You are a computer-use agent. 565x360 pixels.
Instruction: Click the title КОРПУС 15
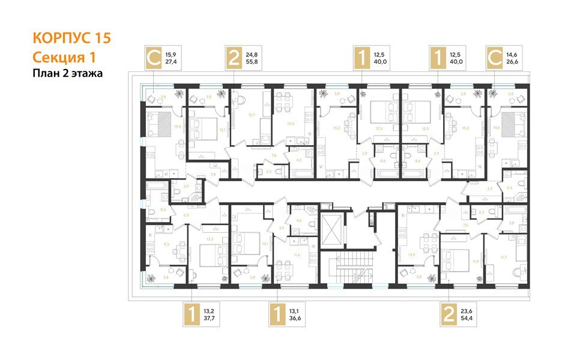(71, 38)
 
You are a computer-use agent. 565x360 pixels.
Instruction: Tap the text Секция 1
(63, 57)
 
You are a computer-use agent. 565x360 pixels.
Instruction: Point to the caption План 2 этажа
(68, 74)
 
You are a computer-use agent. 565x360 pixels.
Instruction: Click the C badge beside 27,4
(154, 58)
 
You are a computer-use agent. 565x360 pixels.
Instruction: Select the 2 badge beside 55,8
(234, 58)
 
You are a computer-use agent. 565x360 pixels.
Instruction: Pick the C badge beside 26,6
(495, 58)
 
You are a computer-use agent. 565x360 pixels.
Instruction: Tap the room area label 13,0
(291, 124)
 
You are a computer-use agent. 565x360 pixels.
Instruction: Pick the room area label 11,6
(296, 254)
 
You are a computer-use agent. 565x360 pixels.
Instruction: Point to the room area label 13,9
(411, 255)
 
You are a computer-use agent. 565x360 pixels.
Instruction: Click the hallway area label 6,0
(186, 214)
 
